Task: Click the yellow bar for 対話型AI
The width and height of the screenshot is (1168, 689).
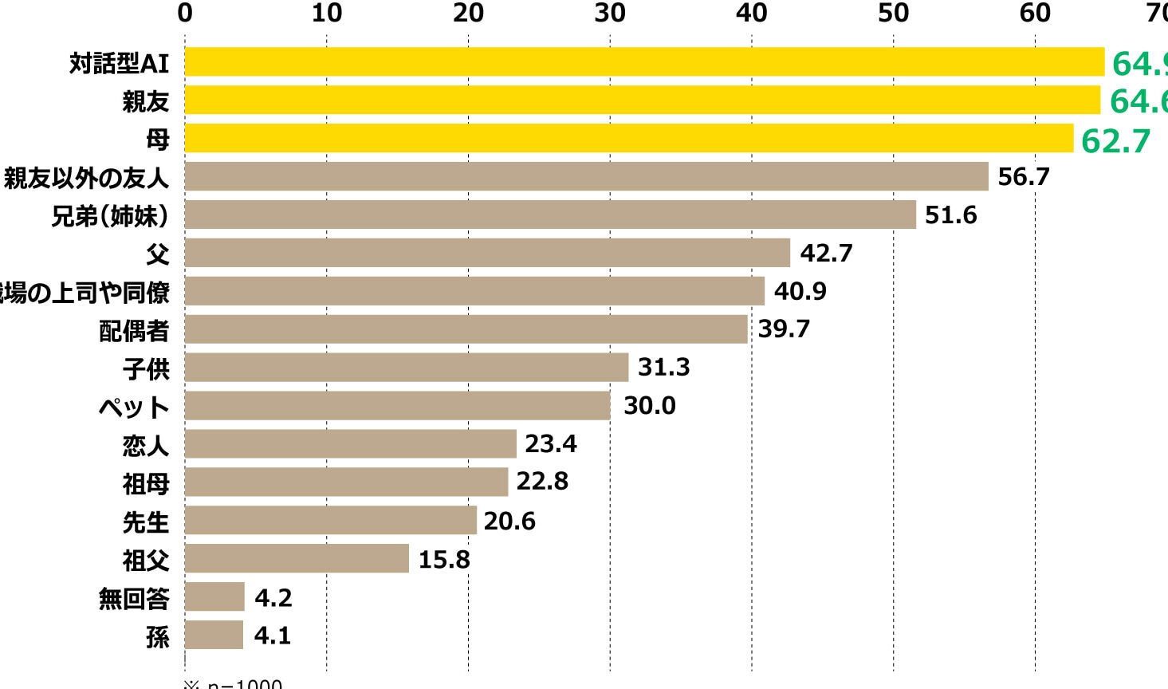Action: click(644, 61)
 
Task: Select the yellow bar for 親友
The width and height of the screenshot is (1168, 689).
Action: click(643, 100)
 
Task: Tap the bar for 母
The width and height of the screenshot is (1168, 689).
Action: click(629, 138)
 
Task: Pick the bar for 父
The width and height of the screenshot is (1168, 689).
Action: click(487, 253)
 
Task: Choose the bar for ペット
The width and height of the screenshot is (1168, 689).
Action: click(397, 405)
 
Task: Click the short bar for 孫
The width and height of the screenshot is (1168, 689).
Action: click(214, 635)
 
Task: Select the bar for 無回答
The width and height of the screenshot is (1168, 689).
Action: click(214, 596)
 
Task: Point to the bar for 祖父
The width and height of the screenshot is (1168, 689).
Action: click(297, 558)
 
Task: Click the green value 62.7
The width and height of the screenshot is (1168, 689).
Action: click(1115, 140)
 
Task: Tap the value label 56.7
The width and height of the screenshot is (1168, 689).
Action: click(1024, 176)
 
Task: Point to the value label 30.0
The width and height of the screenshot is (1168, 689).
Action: click(649, 405)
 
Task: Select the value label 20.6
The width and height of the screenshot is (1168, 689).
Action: click(509, 521)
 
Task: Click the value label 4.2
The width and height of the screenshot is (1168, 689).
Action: click(273, 597)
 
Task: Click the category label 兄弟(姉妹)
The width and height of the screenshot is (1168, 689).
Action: click(110, 215)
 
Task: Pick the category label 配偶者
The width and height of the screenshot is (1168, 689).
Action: click(134, 330)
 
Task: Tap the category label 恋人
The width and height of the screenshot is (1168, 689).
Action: click(146, 445)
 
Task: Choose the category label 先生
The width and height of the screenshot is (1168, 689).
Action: click(146, 522)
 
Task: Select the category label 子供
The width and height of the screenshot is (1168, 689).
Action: click(146, 368)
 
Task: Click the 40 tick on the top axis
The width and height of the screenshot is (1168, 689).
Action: click(752, 13)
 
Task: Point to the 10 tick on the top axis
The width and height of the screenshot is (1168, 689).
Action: click(327, 13)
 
